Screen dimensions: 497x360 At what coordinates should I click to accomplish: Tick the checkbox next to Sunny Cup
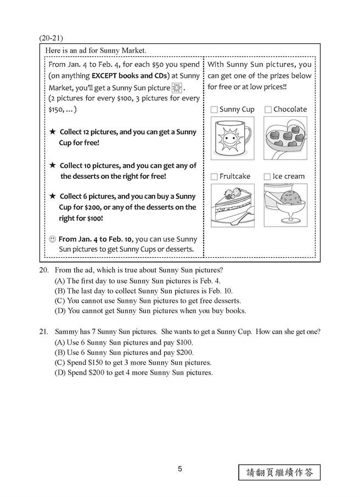214,110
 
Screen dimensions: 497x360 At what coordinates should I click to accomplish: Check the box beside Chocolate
268,110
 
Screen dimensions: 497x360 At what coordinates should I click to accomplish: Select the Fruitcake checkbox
214,177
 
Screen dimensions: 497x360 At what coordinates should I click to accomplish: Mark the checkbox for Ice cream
267,177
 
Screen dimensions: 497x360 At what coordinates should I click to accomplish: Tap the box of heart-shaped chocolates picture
285,138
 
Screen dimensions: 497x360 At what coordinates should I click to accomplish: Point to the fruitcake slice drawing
232,205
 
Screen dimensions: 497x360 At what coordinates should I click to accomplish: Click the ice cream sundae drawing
285,205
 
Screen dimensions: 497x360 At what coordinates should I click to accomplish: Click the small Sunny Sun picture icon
176,88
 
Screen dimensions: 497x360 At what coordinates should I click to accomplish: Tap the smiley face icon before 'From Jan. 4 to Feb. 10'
52,239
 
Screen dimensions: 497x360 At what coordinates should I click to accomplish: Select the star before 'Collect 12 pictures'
52,132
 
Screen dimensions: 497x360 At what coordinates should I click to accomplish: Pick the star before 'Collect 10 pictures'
52,166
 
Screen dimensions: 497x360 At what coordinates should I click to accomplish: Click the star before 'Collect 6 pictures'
52,196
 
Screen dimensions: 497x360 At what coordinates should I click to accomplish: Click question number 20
44,270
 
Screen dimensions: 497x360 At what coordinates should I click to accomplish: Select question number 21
44,332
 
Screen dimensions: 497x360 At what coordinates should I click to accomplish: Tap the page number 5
180,469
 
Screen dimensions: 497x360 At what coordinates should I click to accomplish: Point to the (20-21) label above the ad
52,38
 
